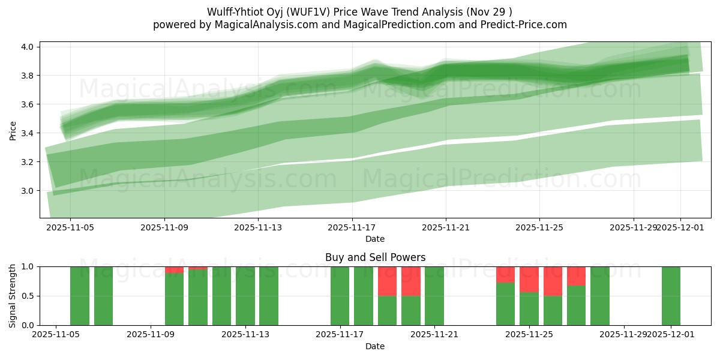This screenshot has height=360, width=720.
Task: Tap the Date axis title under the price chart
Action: [375, 239]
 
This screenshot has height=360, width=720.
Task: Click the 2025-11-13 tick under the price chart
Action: [257, 227]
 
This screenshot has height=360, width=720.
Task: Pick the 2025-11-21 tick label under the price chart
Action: [445, 227]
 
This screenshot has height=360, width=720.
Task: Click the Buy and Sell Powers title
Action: [375, 257]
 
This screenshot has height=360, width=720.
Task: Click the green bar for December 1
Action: [671, 296]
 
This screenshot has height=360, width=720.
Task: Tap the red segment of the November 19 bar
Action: [387, 281]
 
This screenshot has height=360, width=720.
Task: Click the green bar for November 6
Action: [103, 296]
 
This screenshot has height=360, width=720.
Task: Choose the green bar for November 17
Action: [340, 296]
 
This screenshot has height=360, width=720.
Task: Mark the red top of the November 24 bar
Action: [505, 274]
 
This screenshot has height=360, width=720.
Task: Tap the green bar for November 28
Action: [600, 296]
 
